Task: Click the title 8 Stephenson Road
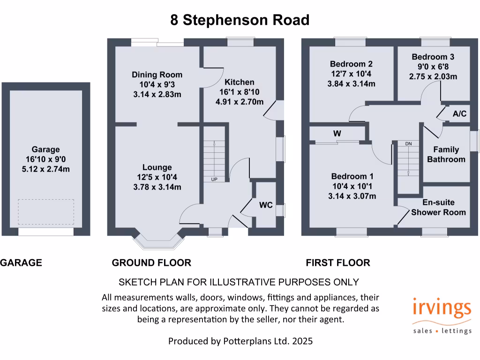[x=240, y=20]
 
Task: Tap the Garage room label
[x=46, y=150]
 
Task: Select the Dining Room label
[x=157, y=75]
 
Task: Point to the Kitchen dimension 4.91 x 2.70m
[x=241, y=102]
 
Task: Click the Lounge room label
[x=157, y=167]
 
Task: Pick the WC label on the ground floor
[x=266, y=205]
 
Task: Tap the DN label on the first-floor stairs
[x=408, y=143]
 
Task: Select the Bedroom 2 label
[x=351, y=64]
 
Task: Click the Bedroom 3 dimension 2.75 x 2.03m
[x=434, y=76]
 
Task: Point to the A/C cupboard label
[x=459, y=114]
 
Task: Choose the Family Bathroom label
[x=446, y=154]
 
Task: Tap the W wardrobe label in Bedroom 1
[x=337, y=134]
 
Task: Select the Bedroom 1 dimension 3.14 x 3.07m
[x=352, y=196]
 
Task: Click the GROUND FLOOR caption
[x=151, y=262]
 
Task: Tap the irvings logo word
[x=442, y=308]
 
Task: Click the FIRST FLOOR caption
[x=337, y=262]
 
